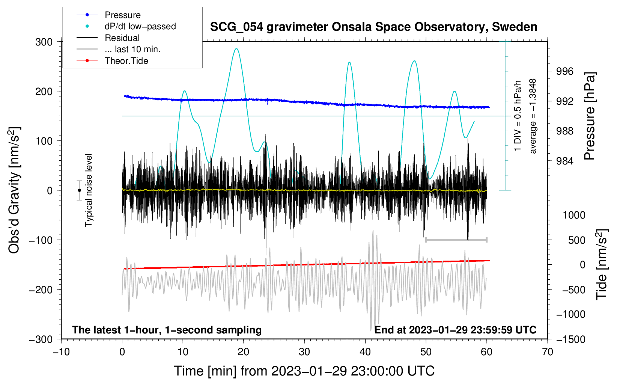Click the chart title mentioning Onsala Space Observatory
click(373, 27)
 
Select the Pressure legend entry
click(122, 15)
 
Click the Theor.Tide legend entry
click(126, 61)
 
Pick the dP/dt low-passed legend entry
click(140, 26)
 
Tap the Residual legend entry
click(122, 38)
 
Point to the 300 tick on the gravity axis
click(44, 42)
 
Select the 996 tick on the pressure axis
click(564, 71)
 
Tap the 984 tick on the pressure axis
click(564, 161)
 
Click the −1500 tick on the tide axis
click(570, 339)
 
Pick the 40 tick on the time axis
click(365, 352)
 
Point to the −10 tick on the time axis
click(61, 352)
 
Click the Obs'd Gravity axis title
click(14, 190)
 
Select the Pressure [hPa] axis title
click(590, 116)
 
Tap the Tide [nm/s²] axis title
click(602, 264)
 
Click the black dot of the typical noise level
click(79, 190)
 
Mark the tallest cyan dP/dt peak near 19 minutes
click(236, 49)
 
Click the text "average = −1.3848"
click(533, 116)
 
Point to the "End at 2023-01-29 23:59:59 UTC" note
click(455, 330)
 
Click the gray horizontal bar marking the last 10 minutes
click(456, 240)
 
